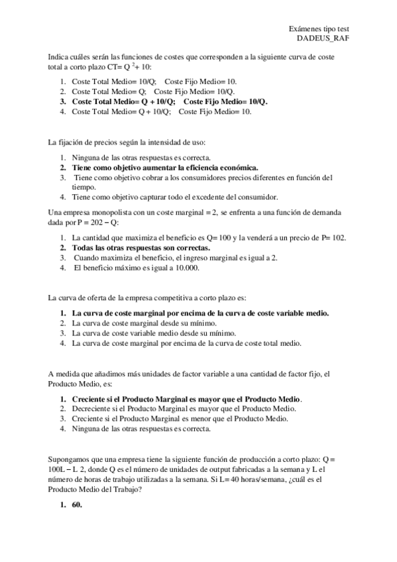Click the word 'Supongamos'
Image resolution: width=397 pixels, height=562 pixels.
(70, 459)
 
